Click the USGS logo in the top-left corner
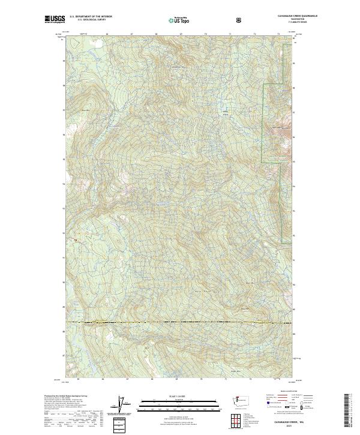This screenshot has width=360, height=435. (55, 19)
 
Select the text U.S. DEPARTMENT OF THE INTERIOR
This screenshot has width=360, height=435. (91, 17)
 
